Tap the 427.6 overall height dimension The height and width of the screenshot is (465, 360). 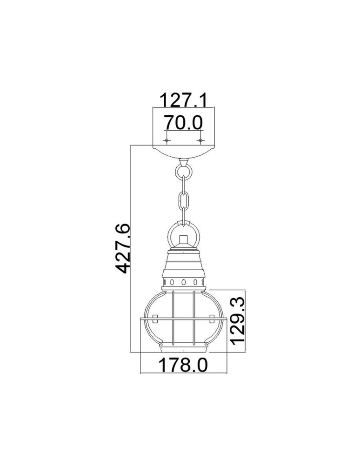(x=122, y=248)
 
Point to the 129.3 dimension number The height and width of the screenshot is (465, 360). (x=239, y=320)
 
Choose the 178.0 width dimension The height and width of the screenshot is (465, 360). (x=183, y=365)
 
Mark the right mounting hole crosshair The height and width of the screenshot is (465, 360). (x=200, y=140)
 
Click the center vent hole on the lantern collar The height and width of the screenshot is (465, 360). (x=184, y=282)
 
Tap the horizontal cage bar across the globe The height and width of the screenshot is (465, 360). (x=184, y=320)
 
